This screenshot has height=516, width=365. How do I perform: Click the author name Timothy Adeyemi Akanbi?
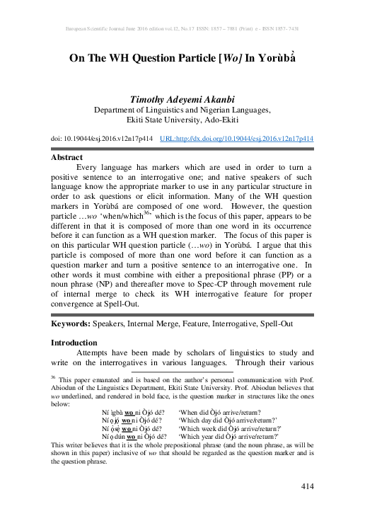click(x=182, y=100)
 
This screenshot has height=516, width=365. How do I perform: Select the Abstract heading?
click(x=68, y=159)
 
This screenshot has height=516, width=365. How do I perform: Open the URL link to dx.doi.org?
click(x=237, y=139)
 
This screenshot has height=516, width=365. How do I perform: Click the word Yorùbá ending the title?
click(x=273, y=59)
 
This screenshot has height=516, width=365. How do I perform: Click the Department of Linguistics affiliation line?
click(x=182, y=110)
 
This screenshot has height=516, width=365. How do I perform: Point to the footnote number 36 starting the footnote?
click(x=53, y=377)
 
